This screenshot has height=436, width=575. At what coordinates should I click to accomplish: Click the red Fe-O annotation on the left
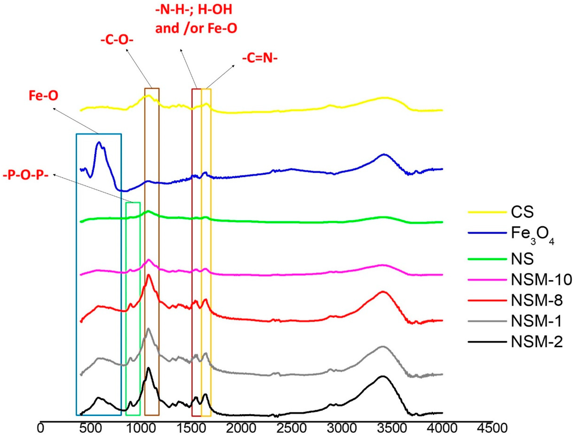[43, 96]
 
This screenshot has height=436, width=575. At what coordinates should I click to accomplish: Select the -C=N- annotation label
[260, 58]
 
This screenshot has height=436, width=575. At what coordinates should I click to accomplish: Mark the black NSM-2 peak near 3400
[382, 376]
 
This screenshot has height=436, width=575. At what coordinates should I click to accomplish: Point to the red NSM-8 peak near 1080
[149, 275]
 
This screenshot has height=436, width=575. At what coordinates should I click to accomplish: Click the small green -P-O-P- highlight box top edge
[133, 202]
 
